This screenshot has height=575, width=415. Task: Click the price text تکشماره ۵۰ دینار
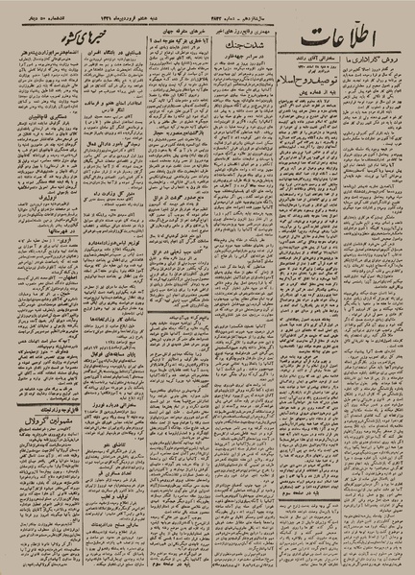pyautogui.click(x=37, y=13)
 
